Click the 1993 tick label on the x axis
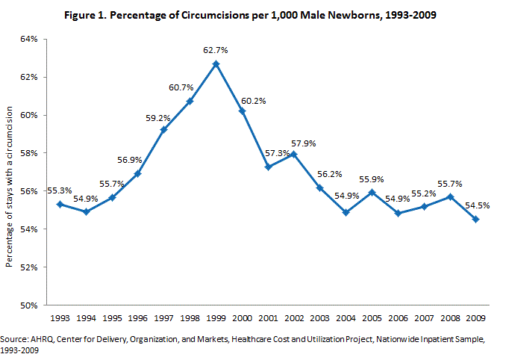60,317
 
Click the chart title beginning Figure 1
252,15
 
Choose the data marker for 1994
87,212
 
